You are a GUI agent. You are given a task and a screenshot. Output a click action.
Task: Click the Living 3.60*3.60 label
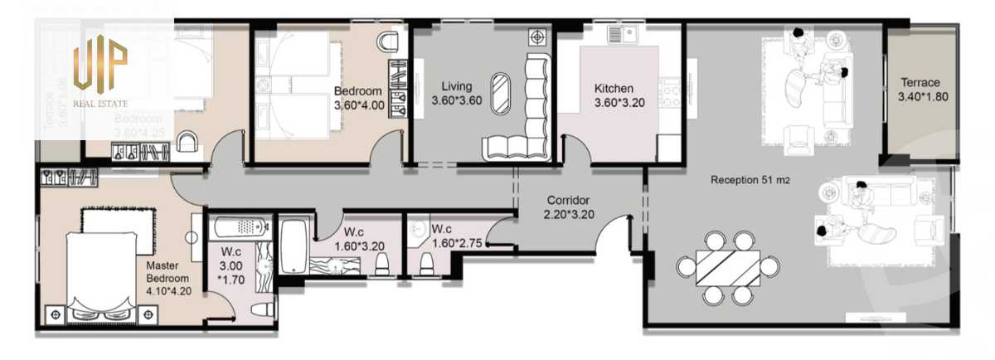[456, 93]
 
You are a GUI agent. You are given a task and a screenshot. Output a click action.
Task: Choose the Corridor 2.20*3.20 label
[568, 207]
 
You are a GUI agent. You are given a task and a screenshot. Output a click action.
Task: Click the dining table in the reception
[728, 267]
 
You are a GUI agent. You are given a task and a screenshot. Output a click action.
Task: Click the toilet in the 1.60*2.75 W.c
[427, 264]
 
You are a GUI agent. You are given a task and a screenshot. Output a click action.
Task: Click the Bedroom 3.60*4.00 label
[358, 98]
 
